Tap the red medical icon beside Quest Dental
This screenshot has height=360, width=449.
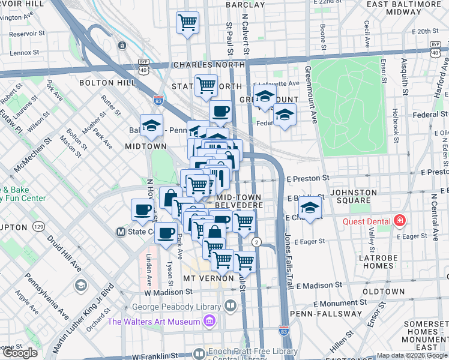pos(399,221)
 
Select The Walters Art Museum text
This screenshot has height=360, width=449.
pos(154,322)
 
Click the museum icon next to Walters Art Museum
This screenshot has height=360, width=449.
pos(209,322)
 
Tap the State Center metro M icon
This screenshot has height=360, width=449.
pos(121,232)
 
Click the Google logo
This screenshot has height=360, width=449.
pos(20,353)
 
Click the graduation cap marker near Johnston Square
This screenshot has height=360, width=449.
pos(310,208)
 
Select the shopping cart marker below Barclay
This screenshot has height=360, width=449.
pos(188,23)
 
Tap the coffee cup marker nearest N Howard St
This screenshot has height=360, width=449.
pos(143,209)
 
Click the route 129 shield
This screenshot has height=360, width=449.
pos(39,226)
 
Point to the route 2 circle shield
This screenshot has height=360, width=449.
pos(256,242)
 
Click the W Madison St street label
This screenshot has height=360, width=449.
pos(169,292)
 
